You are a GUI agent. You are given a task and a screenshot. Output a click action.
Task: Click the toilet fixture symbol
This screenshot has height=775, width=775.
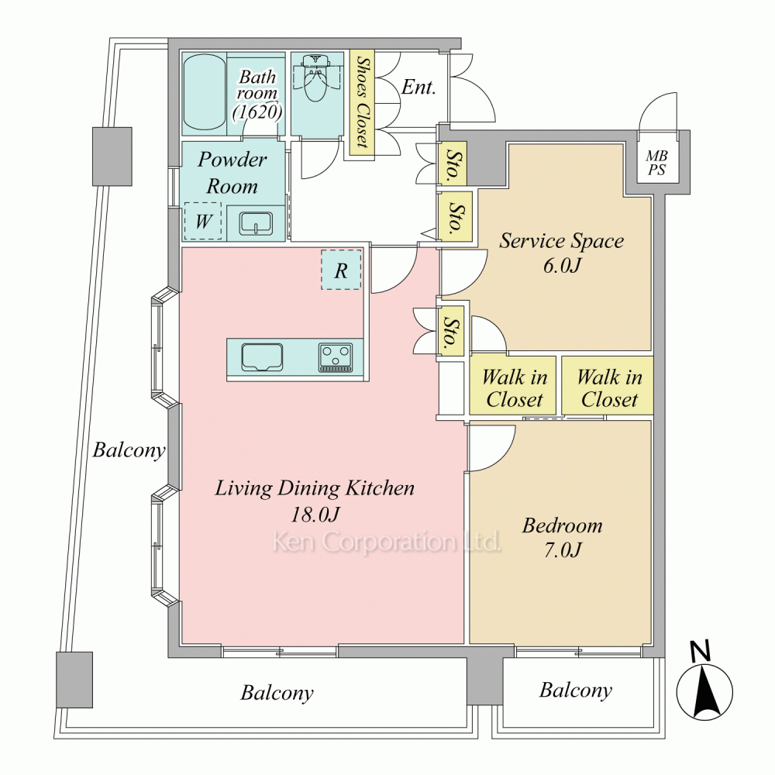tap(315, 81)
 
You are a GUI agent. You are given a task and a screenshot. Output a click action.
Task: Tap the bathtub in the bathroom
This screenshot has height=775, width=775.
tap(205, 93)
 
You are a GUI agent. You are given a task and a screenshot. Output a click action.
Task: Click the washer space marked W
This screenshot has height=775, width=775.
tap(202, 222)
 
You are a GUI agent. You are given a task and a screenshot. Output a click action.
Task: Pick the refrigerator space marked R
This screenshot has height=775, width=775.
tap(341, 270)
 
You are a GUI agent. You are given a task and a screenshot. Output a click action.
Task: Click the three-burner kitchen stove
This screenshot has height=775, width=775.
tap(335, 357)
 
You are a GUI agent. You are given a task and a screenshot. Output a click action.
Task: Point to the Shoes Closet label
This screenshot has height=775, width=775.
tap(360, 102)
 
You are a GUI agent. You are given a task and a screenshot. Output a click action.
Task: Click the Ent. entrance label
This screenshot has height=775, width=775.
tap(418, 87)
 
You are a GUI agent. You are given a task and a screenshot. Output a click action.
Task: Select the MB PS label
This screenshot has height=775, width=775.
tap(656, 164)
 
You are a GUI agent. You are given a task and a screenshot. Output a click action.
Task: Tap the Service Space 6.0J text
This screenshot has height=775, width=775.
tap(561, 253)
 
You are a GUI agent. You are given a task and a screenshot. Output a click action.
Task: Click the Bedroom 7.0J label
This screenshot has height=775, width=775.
tap(562, 538)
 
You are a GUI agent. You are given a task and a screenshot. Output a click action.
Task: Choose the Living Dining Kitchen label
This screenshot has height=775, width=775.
tap(315, 500)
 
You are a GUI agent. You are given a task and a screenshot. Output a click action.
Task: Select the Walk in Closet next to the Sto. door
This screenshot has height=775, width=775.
tap(514, 388)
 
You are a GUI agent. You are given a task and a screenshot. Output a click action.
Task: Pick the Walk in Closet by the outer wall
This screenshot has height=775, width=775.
tap(609, 388)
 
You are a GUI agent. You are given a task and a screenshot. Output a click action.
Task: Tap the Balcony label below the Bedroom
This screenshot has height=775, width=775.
tap(576, 690)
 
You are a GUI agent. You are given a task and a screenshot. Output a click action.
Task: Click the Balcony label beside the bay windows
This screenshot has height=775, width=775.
tap(129, 449)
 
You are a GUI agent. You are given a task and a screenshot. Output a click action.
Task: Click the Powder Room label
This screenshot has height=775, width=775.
tap(232, 173)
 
